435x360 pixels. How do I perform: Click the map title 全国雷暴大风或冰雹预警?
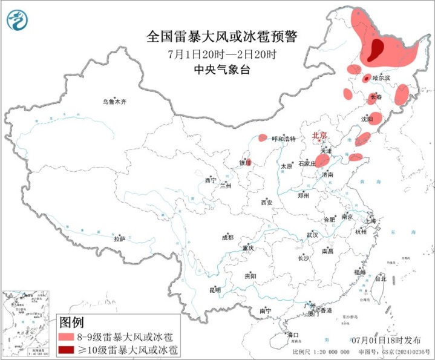click(221, 36)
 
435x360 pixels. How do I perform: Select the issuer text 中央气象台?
click(221, 70)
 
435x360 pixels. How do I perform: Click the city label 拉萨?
click(119, 239)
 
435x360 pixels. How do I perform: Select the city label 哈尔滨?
click(381, 78)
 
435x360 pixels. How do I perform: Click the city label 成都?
click(227, 238)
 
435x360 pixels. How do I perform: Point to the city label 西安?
click(267, 203)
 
